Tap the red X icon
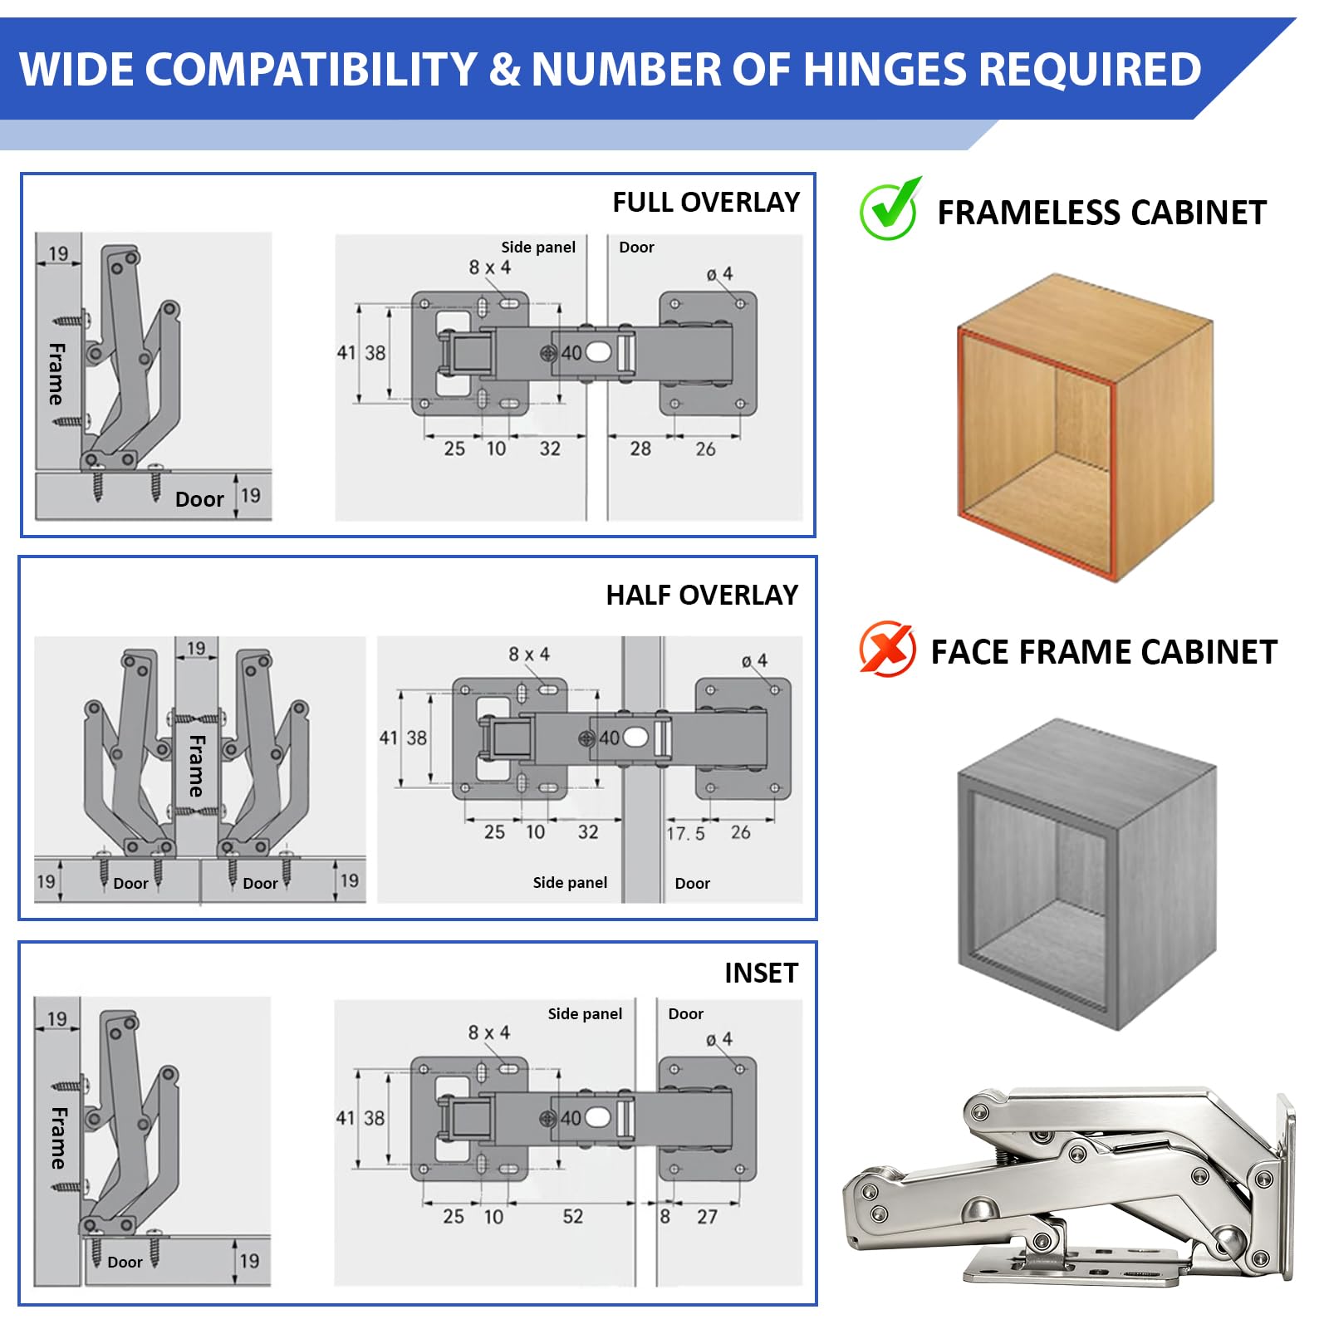pyautogui.click(x=887, y=649)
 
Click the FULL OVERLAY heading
pyautogui.click(x=706, y=202)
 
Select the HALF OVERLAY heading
pyautogui.click(x=702, y=595)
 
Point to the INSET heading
pyautogui.click(x=761, y=973)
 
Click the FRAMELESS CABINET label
pyautogui.click(x=1101, y=213)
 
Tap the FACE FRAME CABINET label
pyautogui.click(x=1104, y=652)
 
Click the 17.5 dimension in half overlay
pyautogui.click(x=686, y=833)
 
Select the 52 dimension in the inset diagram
pyautogui.click(x=573, y=1216)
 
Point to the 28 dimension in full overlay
pyautogui.click(x=640, y=449)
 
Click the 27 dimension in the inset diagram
pyautogui.click(x=707, y=1217)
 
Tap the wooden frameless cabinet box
pyautogui.click(x=1086, y=428)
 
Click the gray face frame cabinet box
pyautogui.click(x=1086, y=874)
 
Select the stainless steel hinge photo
pyautogui.click(x=1070, y=1186)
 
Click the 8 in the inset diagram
pyautogui.click(x=664, y=1217)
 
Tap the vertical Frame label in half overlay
pyautogui.click(x=196, y=765)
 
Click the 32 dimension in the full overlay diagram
pyautogui.click(x=550, y=449)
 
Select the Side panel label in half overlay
pyautogui.click(x=570, y=882)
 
